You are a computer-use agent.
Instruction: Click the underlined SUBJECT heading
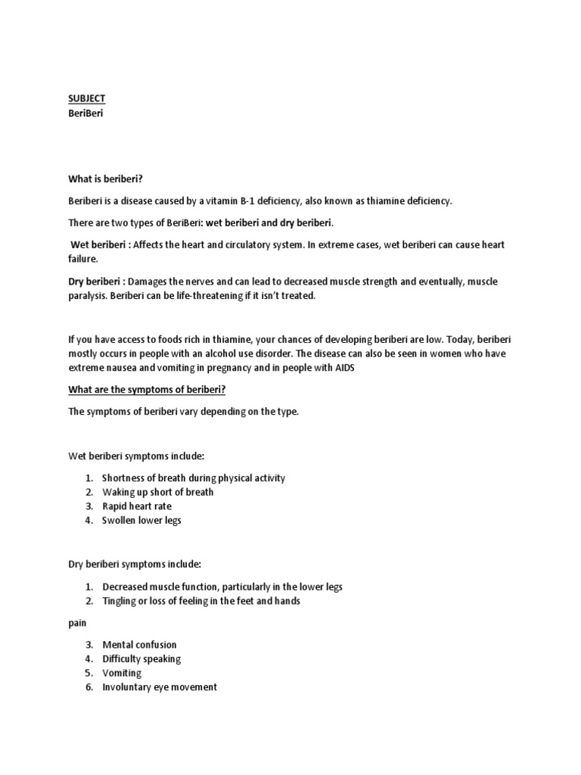click(x=86, y=98)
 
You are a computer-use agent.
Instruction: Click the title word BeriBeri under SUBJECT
click(x=85, y=113)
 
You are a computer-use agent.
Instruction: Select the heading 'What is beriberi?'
click(x=107, y=179)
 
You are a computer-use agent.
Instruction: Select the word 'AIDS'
click(x=343, y=368)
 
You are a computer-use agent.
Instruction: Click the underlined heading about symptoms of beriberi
click(x=142, y=390)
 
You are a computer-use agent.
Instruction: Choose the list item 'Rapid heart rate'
click(x=137, y=506)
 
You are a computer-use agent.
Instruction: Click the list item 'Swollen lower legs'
click(x=141, y=520)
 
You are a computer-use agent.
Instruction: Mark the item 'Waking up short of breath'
click(x=157, y=492)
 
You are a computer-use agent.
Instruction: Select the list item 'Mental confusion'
click(x=139, y=645)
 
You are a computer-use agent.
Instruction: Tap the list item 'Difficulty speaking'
click(x=141, y=658)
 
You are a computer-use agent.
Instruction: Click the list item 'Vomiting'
click(x=122, y=673)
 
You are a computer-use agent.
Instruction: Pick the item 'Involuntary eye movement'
click(x=160, y=687)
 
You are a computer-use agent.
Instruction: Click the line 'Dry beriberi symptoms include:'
click(x=135, y=565)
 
